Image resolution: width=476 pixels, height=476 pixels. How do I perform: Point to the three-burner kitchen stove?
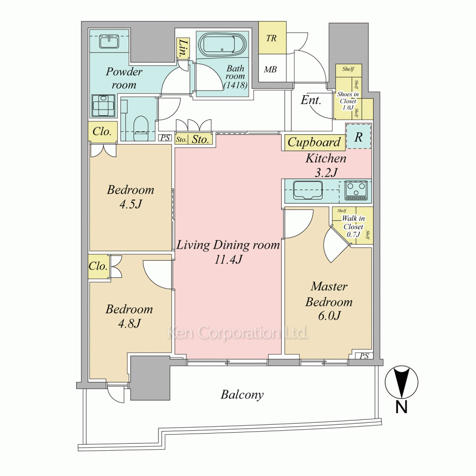coord(356,190)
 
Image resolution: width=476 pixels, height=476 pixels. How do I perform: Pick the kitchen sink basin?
coord(307,190)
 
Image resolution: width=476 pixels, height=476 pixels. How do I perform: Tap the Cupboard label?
coord(314,142)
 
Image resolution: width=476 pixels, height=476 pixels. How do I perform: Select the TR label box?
coord(272,38)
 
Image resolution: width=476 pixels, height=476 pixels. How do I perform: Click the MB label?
coord(270,69)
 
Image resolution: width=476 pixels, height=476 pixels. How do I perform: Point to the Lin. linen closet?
coord(183,48)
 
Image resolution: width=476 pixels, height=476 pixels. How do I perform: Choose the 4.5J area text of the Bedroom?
coord(131,204)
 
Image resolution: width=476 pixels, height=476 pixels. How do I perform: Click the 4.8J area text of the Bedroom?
coord(129,324)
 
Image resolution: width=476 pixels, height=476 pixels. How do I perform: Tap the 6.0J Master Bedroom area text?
coord(329,316)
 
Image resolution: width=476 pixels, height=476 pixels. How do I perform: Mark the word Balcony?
coord(242,395)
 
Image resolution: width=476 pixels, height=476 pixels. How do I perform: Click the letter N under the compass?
coord(401,407)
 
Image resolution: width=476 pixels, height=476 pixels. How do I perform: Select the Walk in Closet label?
coord(353,227)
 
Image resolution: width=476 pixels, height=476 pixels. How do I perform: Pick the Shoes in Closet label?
coord(348,101)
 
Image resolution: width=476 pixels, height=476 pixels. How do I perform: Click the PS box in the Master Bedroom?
coord(364,356)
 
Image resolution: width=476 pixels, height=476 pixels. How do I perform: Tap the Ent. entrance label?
coord(311,100)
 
